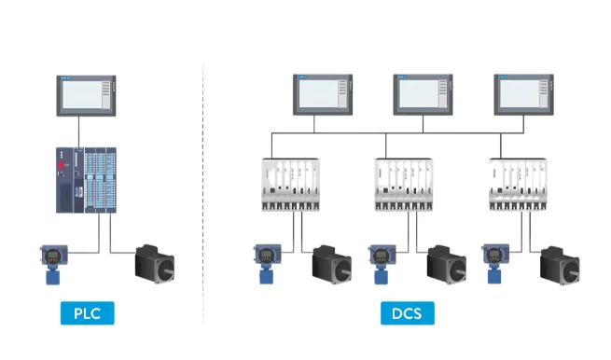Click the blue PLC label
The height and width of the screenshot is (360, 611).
pos(87,313)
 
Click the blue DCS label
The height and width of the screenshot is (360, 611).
pos(407,313)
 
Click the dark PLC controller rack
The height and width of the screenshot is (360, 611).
pos(87,179)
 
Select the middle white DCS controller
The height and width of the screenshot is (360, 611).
pos(407,183)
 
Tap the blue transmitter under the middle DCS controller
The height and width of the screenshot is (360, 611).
pos(381,263)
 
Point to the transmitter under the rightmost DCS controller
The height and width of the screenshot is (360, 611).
pos(494,263)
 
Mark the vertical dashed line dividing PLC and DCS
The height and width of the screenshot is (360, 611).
pos(203,187)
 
